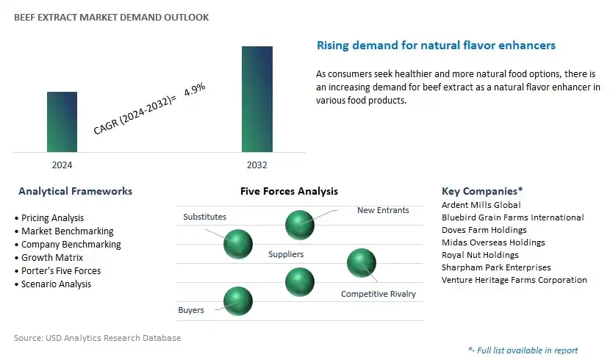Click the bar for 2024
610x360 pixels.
[62, 122]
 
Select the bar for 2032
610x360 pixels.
[257, 99]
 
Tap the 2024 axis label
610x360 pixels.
[62, 165]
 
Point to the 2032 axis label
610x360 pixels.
[257, 165]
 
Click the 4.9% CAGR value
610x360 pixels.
[195, 90]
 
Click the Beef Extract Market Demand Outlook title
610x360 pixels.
[111, 17]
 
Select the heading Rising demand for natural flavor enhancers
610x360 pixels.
[436, 46]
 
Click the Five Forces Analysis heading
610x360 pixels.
[289, 191]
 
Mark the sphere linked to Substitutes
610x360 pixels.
[238, 244]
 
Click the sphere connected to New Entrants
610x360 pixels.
[300, 225]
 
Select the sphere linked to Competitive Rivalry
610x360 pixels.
[362, 263]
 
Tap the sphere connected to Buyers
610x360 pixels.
[238, 301]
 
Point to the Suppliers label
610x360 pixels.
[286, 254]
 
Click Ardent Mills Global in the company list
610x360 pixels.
[481, 205]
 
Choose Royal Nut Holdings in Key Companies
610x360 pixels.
[480, 255]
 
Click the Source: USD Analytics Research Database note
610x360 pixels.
[97, 338]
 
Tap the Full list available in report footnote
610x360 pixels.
[523, 350]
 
